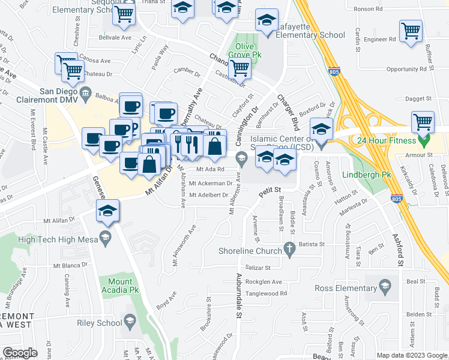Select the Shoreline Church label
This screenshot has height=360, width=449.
coord(254,251)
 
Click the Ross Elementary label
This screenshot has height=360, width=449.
coord(346,289)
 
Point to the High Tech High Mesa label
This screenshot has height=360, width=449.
coord(54,239)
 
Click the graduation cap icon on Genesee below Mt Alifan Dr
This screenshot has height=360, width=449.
coord(108,211)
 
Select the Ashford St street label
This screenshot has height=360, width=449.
coord(397,249)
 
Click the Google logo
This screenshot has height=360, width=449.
coord(20,353)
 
